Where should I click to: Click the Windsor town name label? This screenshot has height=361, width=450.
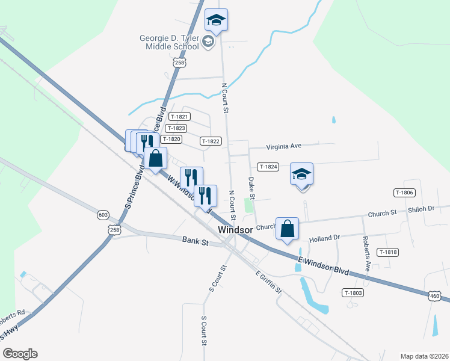pos(235,230)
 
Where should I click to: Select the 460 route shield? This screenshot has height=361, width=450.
pos(436,295)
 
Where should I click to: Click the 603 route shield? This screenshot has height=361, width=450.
pos(103,215)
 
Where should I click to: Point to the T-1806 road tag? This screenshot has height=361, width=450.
pos(404,193)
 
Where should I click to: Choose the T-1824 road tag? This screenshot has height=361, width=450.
pos(268,166)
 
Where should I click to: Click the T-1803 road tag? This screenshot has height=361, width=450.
pos(353,292)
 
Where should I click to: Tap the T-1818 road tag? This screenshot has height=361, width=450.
pos(388,252)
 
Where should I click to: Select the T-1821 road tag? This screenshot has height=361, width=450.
pos(179,117)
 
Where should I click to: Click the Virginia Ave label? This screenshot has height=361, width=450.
pos(283,146)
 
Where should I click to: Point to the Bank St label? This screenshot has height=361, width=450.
pos(195,241)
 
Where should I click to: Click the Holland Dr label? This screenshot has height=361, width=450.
pos(325,239)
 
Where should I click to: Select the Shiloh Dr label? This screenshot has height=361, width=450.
pos(421,209)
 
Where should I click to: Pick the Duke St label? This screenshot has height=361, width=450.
pos(252,187)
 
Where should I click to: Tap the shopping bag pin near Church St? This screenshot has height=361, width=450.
pos(288,229)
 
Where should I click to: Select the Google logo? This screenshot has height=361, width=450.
pos(20,354)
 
